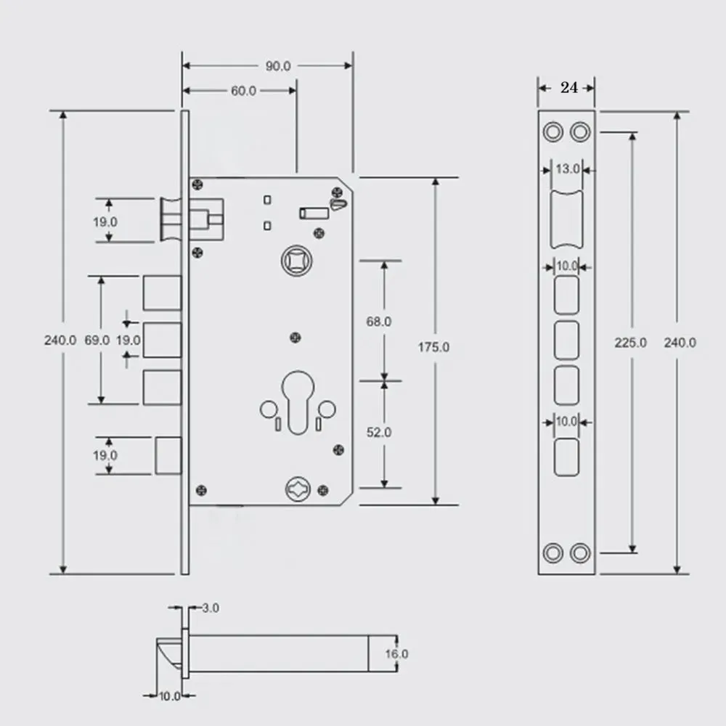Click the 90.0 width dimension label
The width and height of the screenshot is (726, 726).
(278, 66)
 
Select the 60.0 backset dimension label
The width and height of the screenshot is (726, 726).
(243, 91)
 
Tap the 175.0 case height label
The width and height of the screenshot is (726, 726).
(433, 347)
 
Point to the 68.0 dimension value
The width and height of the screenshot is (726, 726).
(379, 322)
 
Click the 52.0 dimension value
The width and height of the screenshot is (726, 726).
(379, 433)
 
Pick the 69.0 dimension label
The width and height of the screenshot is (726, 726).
(97, 340)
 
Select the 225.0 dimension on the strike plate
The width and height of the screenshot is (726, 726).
(631, 343)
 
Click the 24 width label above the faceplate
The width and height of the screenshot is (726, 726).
(569, 88)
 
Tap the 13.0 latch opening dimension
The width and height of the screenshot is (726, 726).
(568, 169)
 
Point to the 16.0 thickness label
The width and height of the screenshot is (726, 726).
(397, 654)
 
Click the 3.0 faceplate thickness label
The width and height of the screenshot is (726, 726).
(211, 608)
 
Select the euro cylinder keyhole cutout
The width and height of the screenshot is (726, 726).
(298, 403)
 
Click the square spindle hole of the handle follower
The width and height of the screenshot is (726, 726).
(297, 261)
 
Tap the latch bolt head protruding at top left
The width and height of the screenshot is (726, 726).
(171, 220)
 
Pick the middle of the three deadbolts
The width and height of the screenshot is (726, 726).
(162, 340)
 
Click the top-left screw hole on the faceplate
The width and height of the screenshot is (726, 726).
(552, 132)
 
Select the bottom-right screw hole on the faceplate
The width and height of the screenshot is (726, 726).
(580, 552)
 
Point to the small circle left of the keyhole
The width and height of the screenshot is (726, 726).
(269, 409)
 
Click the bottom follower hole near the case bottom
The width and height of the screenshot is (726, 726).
(298, 489)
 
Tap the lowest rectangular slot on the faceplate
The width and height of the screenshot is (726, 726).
(566, 457)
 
